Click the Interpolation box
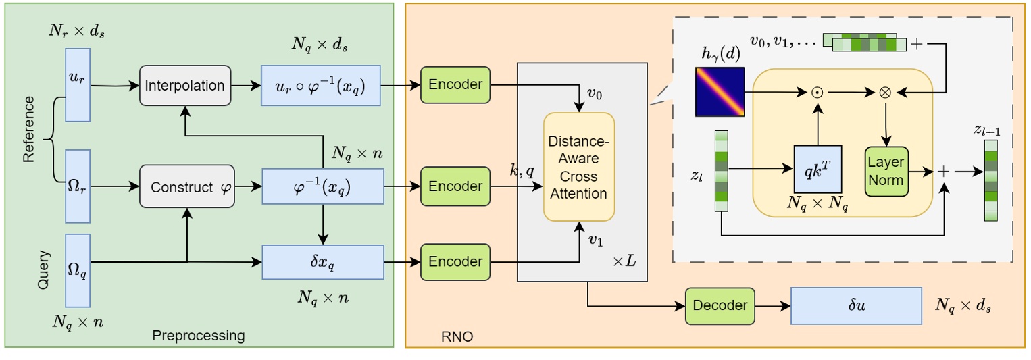[185, 86]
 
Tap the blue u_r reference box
[77, 84]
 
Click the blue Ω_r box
[77, 186]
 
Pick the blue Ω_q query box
[77, 270]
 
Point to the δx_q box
[322, 261]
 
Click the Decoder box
[720, 305]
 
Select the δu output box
[856, 305]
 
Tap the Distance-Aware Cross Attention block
[579, 167]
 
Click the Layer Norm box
[886, 172]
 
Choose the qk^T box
[817, 169]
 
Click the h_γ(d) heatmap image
[720, 91]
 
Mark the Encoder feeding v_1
[455, 261]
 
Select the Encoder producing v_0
[455, 84]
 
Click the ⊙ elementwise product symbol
[817, 92]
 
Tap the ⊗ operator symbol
[884, 92]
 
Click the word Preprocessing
[198, 336]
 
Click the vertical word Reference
[28, 129]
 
